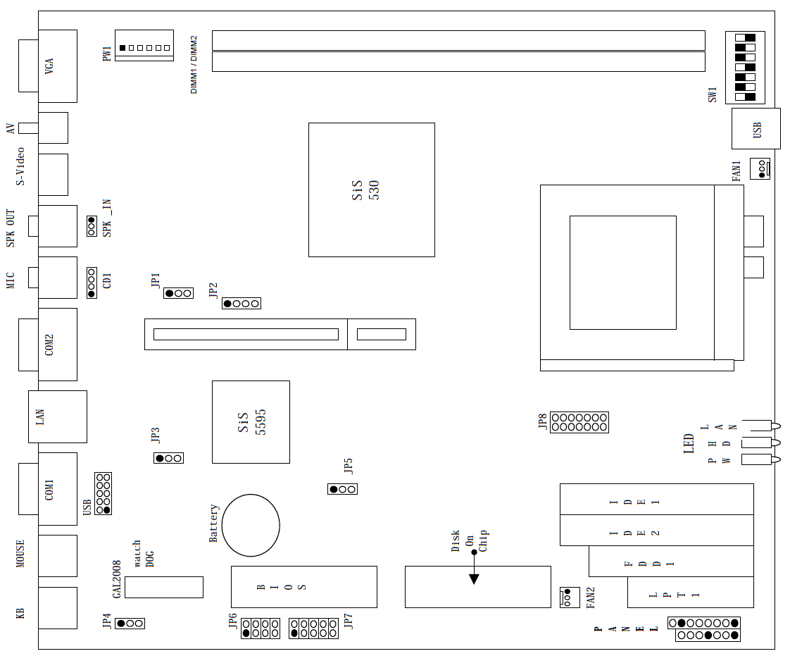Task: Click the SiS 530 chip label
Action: [x=365, y=190]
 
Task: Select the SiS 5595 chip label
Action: [x=251, y=421]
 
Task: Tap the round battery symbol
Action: [x=251, y=525]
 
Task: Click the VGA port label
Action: [x=49, y=66]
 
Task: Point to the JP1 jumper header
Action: [x=178, y=292]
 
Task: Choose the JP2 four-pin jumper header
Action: [x=242, y=304]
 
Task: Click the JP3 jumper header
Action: [x=169, y=459]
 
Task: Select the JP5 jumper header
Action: [x=342, y=489]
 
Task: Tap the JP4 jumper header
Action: [x=130, y=624]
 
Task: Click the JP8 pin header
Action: [x=579, y=422]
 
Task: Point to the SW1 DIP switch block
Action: [x=744, y=67]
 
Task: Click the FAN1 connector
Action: [x=760, y=169]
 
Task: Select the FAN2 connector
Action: [x=566, y=597]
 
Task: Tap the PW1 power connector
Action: [x=144, y=47]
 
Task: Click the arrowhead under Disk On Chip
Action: [x=474, y=578]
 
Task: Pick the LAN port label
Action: [x=40, y=416]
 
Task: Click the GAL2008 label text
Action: [x=117, y=579]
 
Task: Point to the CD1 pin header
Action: [x=92, y=282]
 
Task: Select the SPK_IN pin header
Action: [x=92, y=226]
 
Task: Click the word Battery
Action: [x=214, y=523]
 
